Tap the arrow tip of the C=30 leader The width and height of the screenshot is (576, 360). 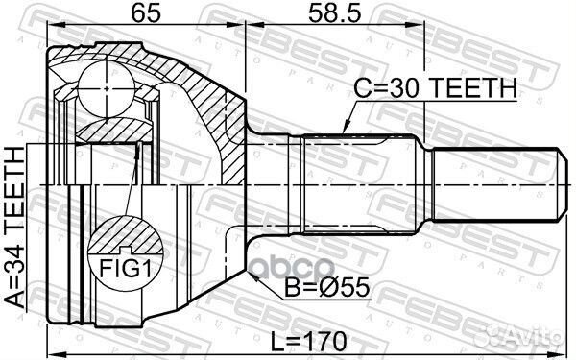tap(343, 133)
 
